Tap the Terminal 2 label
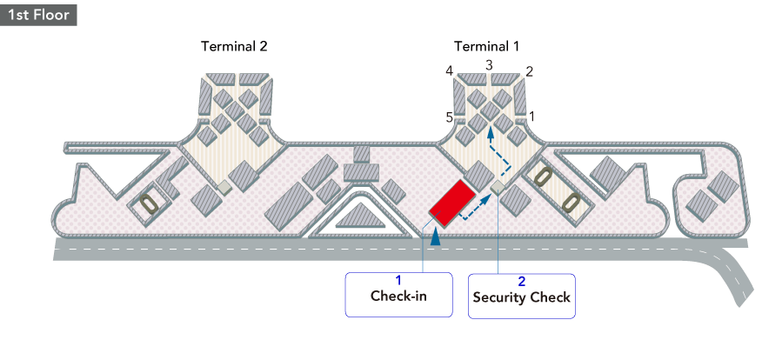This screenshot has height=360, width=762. coord(234,46)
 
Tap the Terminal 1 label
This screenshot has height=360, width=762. coord(487,46)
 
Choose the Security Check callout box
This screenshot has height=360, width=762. coord(521,295)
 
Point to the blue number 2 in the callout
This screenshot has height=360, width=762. coord(522,281)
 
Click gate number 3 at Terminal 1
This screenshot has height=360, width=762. coord(489,65)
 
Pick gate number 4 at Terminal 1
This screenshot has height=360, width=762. coord(450,71)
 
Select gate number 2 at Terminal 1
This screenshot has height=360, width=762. coord(529,71)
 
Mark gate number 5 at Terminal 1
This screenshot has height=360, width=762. coord(449,117)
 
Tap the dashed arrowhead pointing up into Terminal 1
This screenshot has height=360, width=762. coord(491,133)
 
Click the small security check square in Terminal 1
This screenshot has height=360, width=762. coord(498,187)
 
